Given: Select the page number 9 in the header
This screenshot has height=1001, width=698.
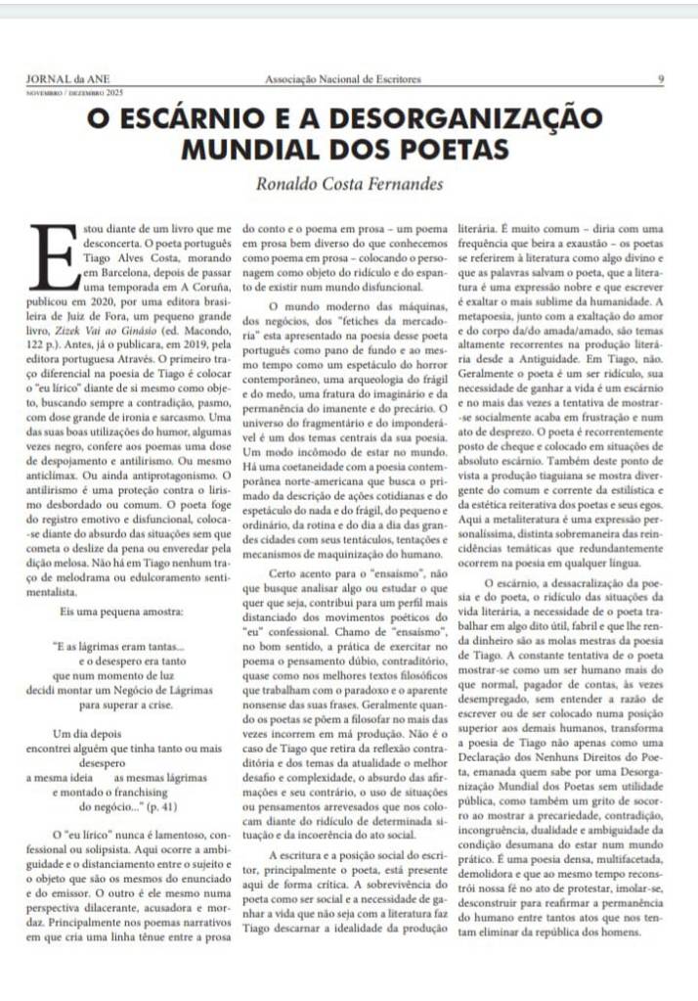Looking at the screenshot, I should pos(661,79).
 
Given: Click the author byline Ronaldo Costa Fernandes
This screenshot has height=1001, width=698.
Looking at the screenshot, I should pos(350,183).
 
